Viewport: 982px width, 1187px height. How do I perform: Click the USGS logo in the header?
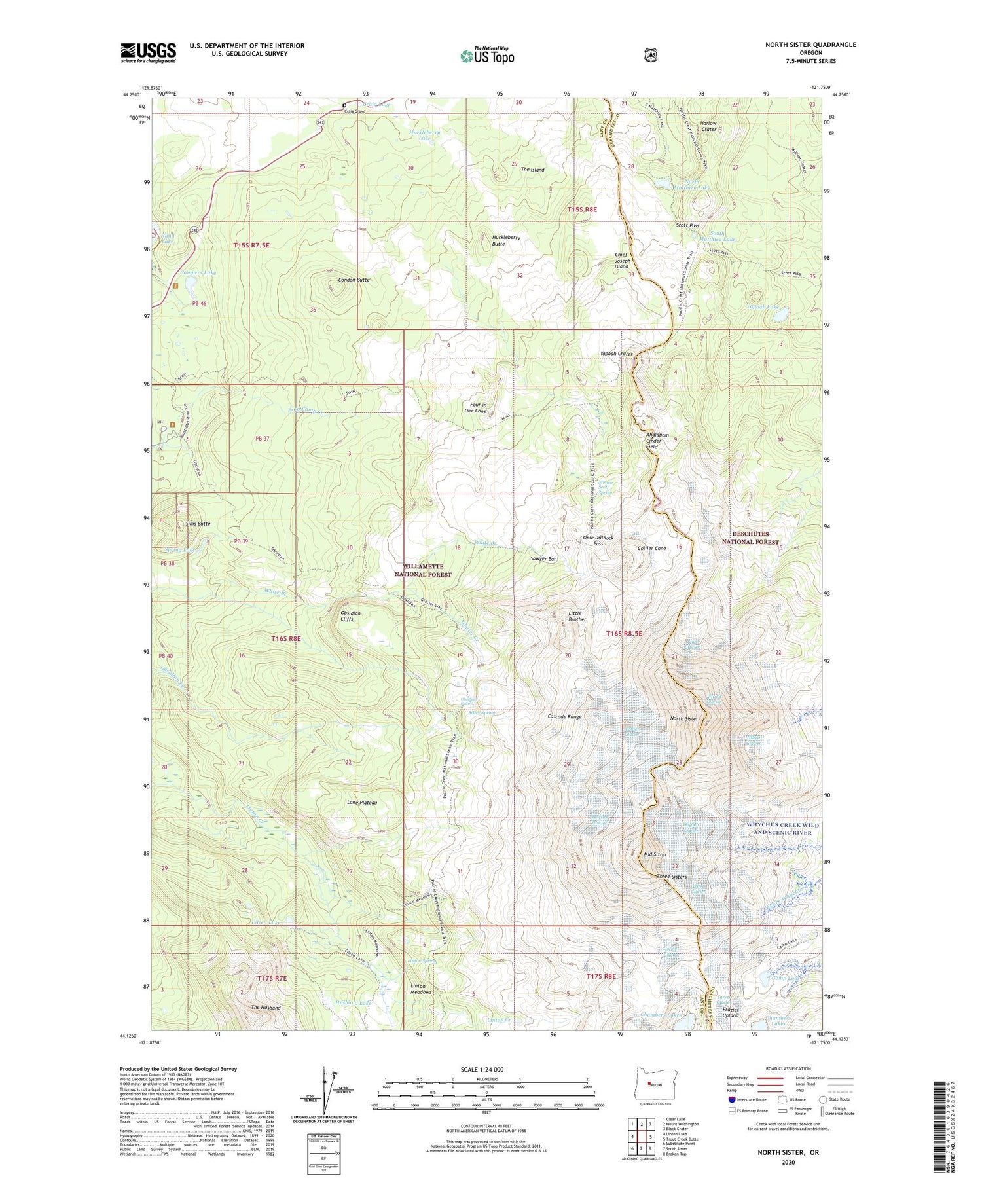(x=148, y=52)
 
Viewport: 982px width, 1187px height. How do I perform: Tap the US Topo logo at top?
(x=487, y=56)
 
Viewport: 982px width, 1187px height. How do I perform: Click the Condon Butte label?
(x=354, y=280)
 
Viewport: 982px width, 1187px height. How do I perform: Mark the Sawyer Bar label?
(x=543, y=559)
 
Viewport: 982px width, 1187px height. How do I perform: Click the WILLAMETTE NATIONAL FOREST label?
(x=422, y=570)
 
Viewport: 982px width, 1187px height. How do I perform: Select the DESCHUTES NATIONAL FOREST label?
(x=750, y=538)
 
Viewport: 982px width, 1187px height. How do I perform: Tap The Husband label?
(x=266, y=1007)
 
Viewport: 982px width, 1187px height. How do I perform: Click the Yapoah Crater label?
(x=616, y=354)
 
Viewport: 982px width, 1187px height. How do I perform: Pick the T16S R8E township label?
(x=286, y=638)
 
